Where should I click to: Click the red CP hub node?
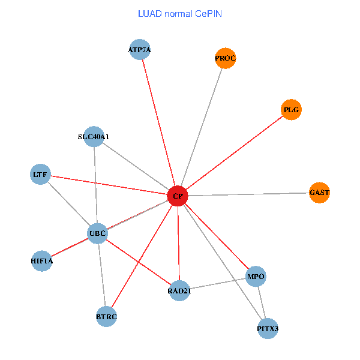pyautogui.click(x=178, y=196)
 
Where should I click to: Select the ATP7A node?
pyautogui.click(x=139, y=50)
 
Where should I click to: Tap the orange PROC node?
pyautogui.click(x=225, y=58)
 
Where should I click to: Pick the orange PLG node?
pyautogui.click(x=291, y=110)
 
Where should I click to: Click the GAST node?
pyautogui.click(x=319, y=193)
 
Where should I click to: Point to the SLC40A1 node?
pyautogui.click(x=94, y=136)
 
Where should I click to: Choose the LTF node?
pyautogui.click(x=40, y=175)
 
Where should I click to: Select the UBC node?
pyautogui.click(x=97, y=233)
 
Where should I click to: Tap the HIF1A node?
pyautogui.click(x=42, y=261)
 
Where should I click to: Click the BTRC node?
pyautogui.click(x=106, y=316)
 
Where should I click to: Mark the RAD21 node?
pyautogui.click(x=179, y=291)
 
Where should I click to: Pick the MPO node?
pyautogui.click(x=256, y=277)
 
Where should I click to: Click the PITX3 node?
pyautogui.click(x=268, y=328)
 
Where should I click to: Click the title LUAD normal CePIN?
pyautogui.click(x=180, y=13)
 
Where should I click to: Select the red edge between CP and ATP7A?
pyautogui.click(x=158, y=123)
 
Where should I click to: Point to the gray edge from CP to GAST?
pyautogui.click(x=248, y=194)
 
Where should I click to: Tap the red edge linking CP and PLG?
pyautogui.click(x=234, y=153)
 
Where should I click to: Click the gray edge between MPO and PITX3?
pyautogui.click(x=262, y=302)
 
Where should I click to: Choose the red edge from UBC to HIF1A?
pyautogui.click(x=70, y=247)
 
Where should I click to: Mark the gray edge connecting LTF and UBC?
pyautogui.click(x=68, y=203)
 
